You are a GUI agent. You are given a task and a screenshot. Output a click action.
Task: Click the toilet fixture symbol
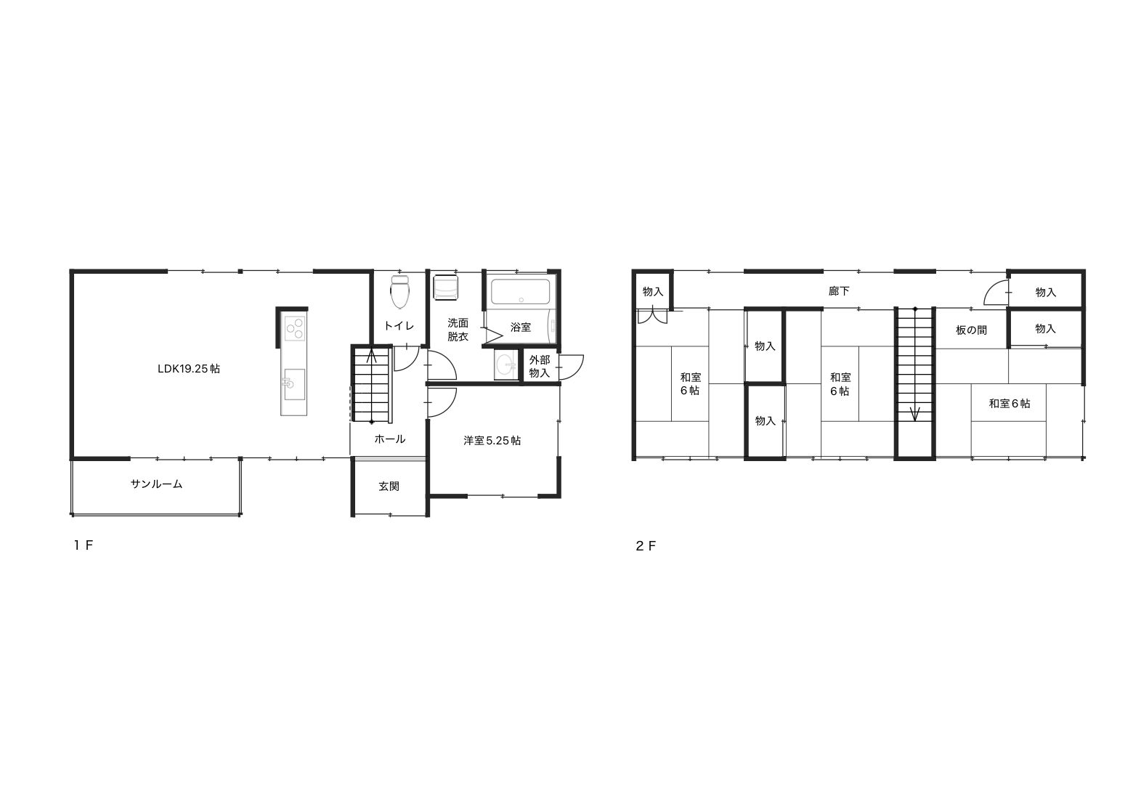point(400,292)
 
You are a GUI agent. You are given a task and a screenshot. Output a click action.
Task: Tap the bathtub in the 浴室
point(521,292)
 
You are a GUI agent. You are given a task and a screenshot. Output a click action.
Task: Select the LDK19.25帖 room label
point(189,369)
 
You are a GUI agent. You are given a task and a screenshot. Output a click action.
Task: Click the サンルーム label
point(156,484)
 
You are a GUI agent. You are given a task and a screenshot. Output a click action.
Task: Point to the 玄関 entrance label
point(389,487)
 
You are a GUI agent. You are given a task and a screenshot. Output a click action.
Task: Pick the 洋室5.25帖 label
point(492,441)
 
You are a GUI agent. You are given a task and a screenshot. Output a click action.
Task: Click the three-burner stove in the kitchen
point(295,328)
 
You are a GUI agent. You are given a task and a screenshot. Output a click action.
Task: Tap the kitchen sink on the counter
point(293,385)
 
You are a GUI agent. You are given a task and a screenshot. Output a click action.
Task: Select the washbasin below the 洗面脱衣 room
point(505,365)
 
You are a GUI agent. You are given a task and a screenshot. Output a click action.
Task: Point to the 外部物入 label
point(540,367)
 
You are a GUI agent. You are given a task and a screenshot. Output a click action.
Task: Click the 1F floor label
point(84,545)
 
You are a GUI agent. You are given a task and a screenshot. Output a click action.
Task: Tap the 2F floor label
point(646,546)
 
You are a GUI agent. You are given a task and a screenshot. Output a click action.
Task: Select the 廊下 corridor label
point(839,291)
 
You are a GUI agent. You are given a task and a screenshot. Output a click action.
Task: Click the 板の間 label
point(971,330)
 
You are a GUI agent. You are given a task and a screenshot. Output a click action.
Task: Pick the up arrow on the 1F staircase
point(372,356)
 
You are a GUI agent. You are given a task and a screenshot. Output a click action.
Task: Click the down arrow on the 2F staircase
point(915,413)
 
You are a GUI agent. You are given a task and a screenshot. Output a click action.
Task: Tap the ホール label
point(390,439)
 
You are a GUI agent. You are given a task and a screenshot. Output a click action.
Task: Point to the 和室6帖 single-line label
point(1010,404)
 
